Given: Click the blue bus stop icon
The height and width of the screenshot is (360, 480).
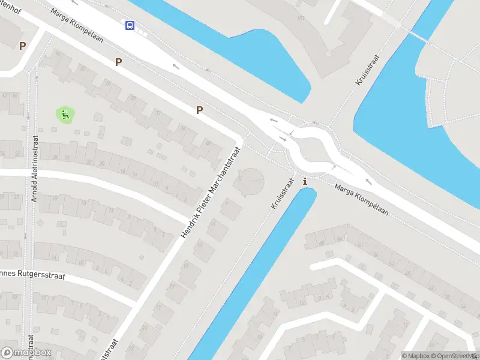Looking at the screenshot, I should pos(130,25).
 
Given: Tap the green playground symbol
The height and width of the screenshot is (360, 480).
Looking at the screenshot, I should pos(65,114).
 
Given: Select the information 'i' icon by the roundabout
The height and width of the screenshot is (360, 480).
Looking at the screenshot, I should pos(305,181).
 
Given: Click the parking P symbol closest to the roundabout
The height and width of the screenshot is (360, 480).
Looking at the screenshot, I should pos(199,110).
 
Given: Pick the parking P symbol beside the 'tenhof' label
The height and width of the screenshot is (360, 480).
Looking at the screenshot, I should pos(23,46).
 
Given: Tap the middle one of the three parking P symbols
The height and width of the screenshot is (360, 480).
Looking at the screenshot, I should pos(118,62).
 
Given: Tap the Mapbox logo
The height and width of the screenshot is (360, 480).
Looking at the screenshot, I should pos(26,353).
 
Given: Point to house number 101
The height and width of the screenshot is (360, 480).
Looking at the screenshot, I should pos(300,18).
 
